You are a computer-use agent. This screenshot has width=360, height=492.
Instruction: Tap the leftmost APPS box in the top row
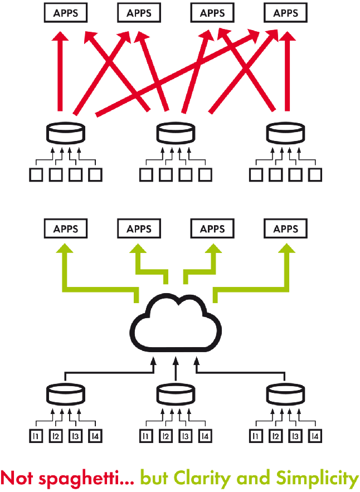65,13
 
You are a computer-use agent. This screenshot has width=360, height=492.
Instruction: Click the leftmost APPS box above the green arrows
65,228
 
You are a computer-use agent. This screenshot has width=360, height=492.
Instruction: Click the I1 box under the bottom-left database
36,436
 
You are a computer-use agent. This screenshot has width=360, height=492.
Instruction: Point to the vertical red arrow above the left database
62,72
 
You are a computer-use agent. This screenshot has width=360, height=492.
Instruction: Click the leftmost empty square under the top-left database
36,175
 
